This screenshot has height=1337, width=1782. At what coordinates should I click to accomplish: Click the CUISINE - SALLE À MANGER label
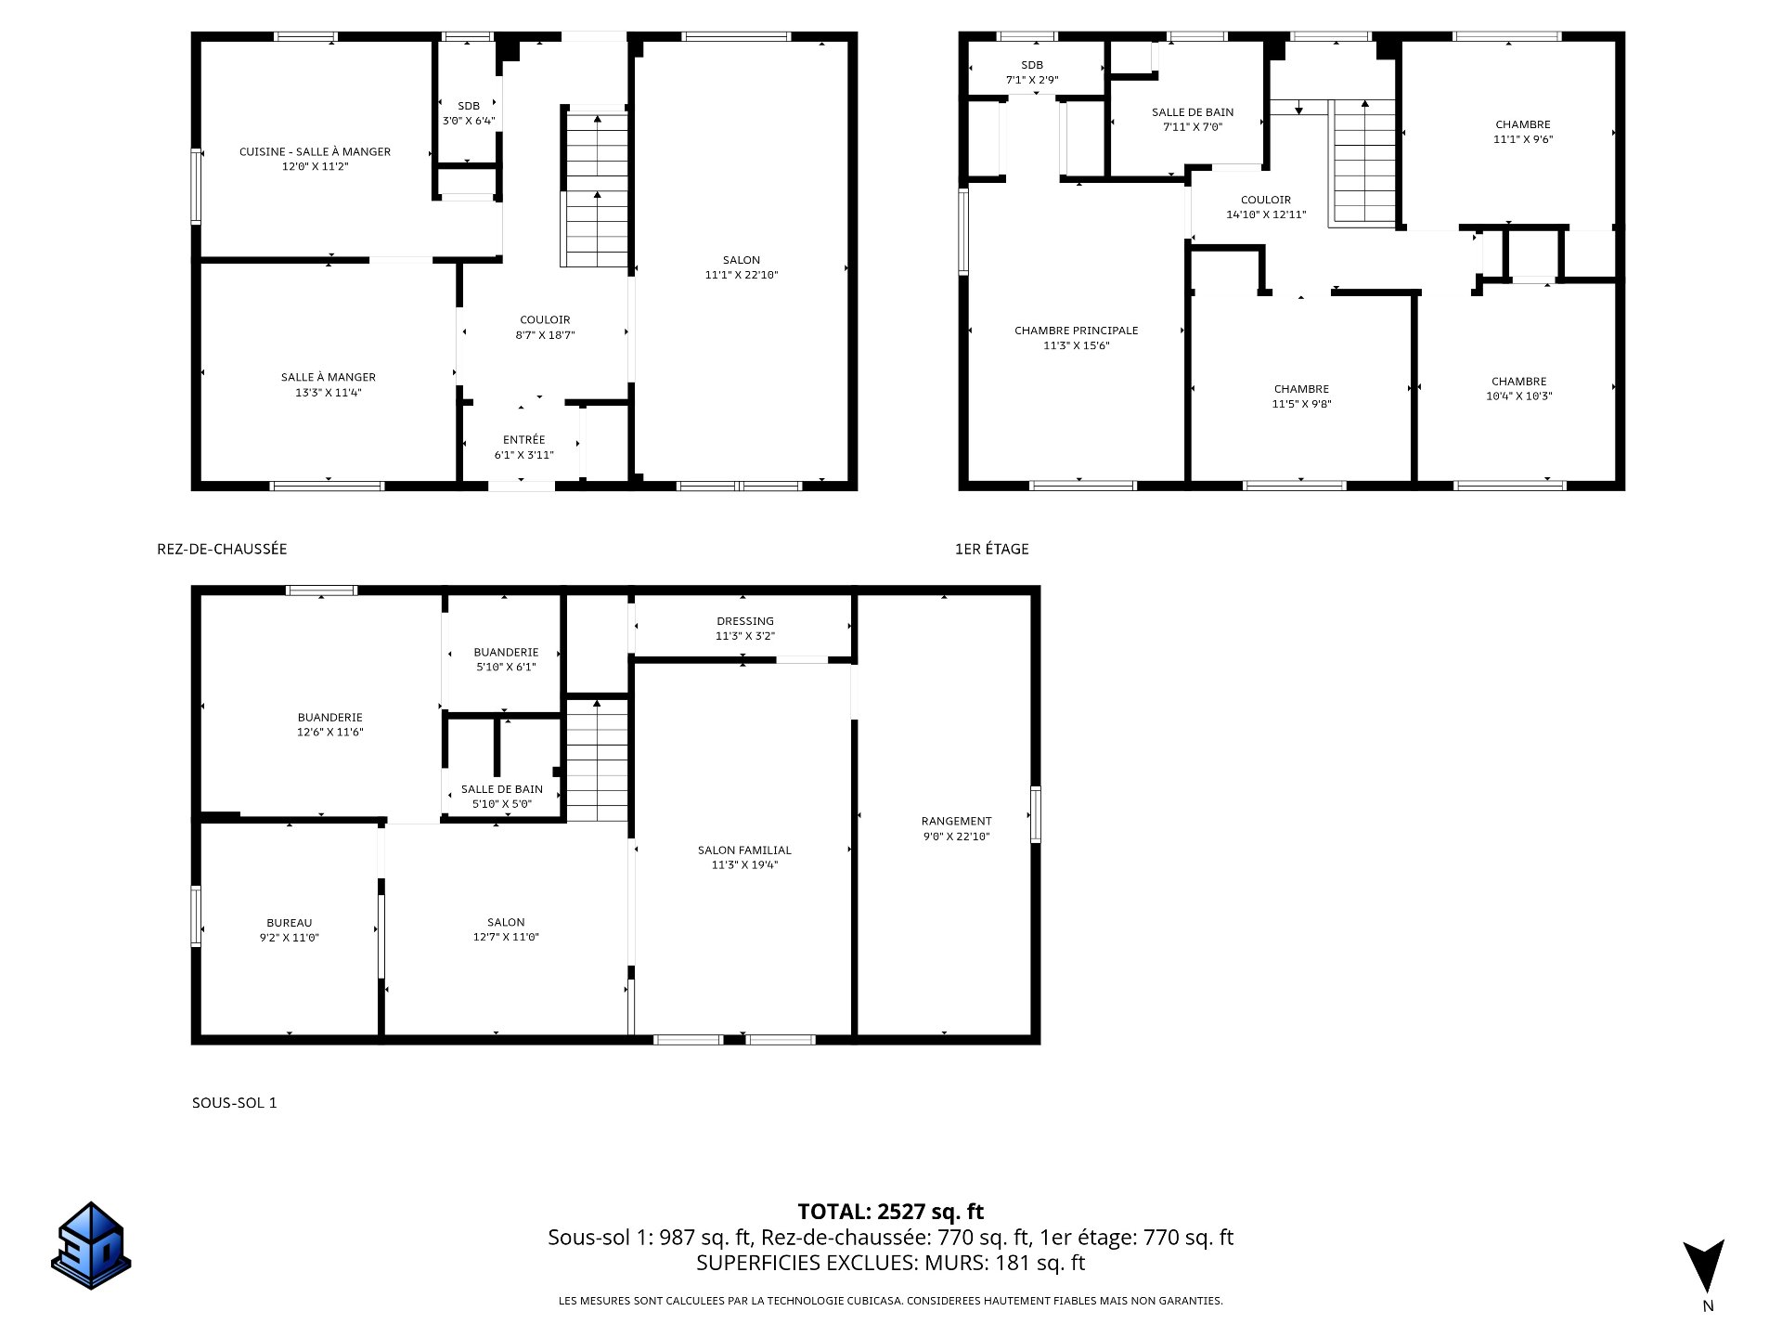(x=315, y=151)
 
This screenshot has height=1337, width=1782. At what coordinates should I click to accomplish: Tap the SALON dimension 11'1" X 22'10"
(x=741, y=275)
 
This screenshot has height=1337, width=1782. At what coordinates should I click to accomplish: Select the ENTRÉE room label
(x=523, y=439)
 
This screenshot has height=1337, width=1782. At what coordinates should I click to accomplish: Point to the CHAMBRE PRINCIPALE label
(x=1076, y=331)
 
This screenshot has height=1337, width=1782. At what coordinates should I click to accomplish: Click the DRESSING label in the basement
(x=744, y=621)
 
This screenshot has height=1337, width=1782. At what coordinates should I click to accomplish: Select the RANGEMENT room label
(x=956, y=821)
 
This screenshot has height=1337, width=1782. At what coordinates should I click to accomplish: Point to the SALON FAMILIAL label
(x=743, y=850)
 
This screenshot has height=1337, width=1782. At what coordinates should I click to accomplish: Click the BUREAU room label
(x=289, y=923)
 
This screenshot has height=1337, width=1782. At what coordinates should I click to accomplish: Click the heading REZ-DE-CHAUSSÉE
(x=222, y=549)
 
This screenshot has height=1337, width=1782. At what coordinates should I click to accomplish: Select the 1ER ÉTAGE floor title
(x=991, y=549)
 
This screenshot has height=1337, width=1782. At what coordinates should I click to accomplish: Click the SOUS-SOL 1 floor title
(x=234, y=1103)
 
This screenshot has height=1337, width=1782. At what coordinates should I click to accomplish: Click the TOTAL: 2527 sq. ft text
(x=890, y=1212)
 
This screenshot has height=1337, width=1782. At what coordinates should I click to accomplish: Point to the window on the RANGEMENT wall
(x=1035, y=814)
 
